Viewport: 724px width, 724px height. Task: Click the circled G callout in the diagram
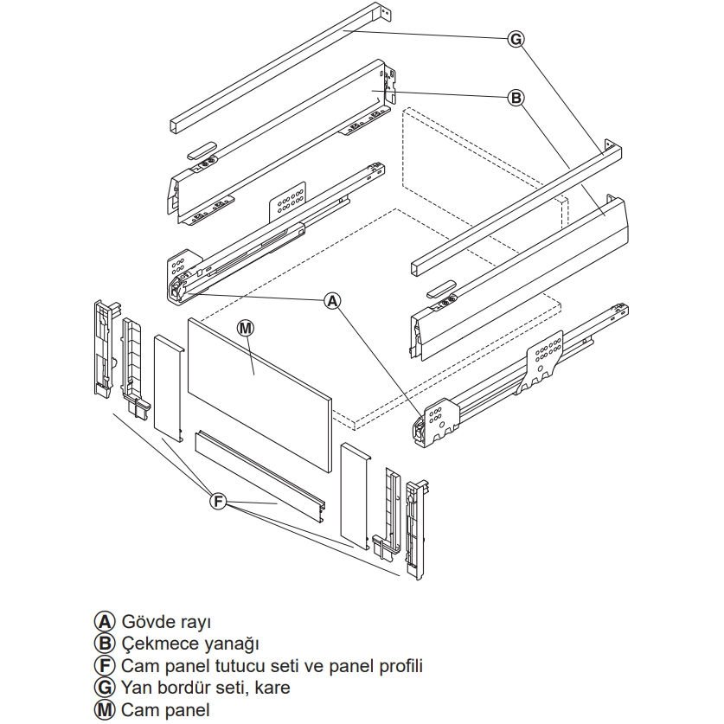tap(516, 38)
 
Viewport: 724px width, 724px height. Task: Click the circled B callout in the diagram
tap(516, 99)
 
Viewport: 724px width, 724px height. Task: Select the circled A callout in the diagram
tap(332, 300)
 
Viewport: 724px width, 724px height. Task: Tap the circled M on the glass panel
tap(246, 328)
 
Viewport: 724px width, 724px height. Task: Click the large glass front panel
tap(259, 381)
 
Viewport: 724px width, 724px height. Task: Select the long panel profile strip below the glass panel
tap(259, 476)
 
